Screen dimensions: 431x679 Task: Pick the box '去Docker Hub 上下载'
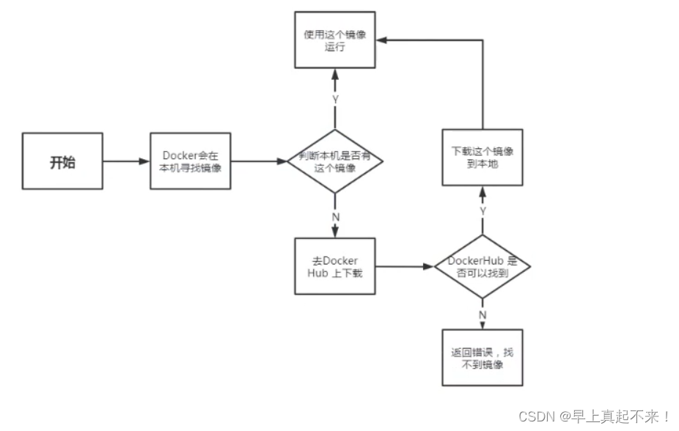coord(334,267)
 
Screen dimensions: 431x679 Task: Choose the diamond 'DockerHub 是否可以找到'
coord(482,267)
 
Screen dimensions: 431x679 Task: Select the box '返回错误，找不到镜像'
coord(482,358)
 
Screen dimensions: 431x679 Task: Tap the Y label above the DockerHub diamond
coord(482,211)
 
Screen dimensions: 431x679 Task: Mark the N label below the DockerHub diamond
coord(482,314)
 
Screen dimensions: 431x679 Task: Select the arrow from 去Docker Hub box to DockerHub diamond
coord(403,267)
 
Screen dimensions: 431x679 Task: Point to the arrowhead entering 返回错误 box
coord(482,325)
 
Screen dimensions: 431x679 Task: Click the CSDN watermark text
coord(594,416)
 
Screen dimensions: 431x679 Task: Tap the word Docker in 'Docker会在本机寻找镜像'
coord(179,156)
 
